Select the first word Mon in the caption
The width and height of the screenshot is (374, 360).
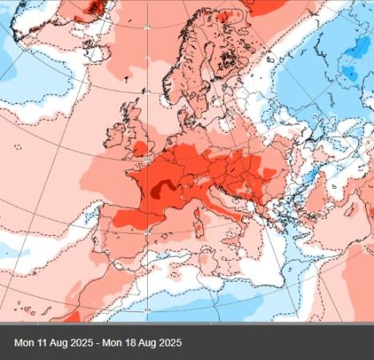click(x=24, y=342)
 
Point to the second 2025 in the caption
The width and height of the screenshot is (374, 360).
click(x=168, y=342)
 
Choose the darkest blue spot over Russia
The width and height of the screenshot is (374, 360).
click(x=349, y=74)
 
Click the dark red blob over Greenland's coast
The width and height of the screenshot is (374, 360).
click(x=96, y=8)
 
